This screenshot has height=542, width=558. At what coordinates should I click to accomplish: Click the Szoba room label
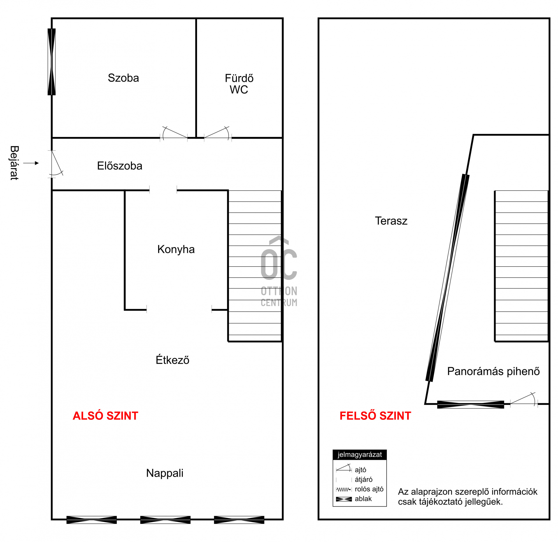[x=123, y=78]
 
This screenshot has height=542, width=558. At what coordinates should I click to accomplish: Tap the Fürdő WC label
[x=239, y=84]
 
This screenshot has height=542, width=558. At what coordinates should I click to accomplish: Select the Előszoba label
[x=119, y=166]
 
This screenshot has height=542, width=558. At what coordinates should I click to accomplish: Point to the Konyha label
[x=176, y=249]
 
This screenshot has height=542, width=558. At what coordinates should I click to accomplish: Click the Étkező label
[x=172, y=359]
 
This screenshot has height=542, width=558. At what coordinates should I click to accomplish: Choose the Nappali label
[x=165, y=473]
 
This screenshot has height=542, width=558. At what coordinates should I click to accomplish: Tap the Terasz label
[x=391, y=221]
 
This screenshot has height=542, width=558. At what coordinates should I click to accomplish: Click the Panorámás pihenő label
[x=493, y=371]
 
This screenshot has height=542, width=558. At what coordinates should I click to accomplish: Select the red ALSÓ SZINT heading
[x=105, y=415]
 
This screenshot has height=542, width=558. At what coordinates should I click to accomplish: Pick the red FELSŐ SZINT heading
[x=375, y=415]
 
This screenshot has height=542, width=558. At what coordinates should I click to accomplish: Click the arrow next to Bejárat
[x=31, y=163]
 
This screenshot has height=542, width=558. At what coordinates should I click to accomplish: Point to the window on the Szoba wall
[x=51, y=62]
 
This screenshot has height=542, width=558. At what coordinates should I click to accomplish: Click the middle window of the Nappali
[x=165, y=520]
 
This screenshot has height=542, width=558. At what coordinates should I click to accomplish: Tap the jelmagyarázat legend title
[x=360, y=454]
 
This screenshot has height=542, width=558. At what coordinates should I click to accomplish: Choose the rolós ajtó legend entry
[x=360, y=489]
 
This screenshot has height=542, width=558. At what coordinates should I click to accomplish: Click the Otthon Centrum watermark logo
[x=279, y=271]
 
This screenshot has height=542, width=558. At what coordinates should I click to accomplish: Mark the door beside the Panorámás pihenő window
[x=524, y=400]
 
